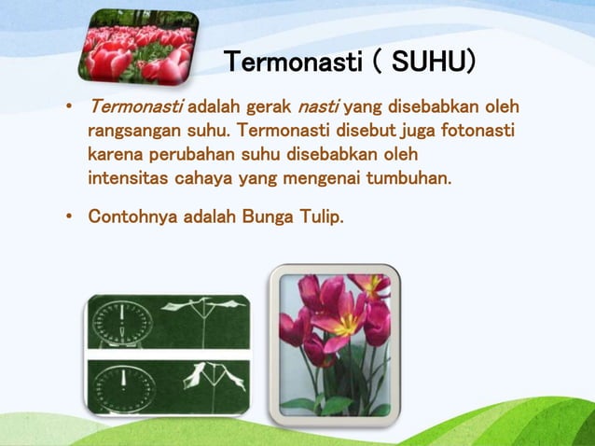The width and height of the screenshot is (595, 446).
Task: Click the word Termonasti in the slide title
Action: pos(293,63)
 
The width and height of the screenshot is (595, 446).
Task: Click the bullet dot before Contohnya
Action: pos(69,217)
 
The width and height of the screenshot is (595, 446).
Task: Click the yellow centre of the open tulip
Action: pos(345,323)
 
